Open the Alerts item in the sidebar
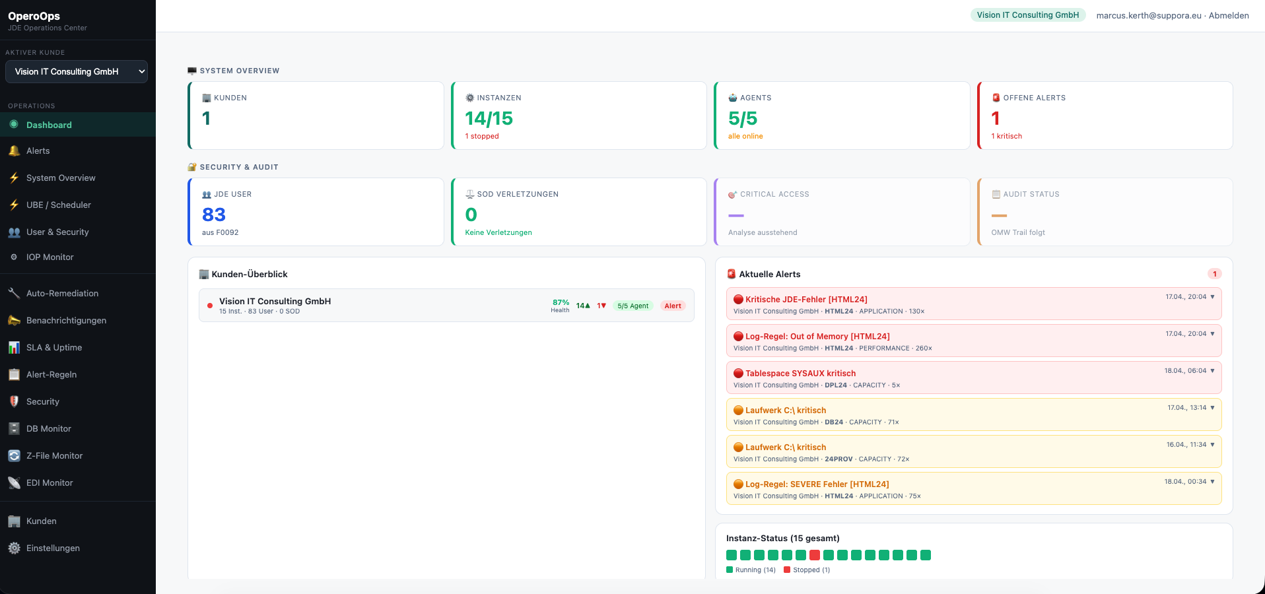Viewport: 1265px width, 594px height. [x=38, y=151]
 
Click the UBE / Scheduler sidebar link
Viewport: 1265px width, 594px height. [x=58, y=205]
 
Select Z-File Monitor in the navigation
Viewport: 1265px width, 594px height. [x=54, y=456]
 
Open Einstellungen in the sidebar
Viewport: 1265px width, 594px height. [x=53, y=548]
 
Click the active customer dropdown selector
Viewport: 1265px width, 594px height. [x=77, y=72]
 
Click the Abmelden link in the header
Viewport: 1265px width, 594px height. [x=1229, y=15]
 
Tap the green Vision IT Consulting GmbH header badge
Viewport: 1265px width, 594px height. [x=1027, y=15]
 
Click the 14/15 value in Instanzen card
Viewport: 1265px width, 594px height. [x=489, y=119]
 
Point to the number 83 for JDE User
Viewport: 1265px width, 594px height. [x=214, y=215]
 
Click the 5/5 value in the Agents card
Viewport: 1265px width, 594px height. [x=743, y=119]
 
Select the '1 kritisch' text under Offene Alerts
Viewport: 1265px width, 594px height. [x=1006, y=137]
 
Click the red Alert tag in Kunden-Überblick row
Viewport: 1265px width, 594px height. [x=673, y=306]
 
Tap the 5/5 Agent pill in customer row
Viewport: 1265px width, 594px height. [x=632, y=306]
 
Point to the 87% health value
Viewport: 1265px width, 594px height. [x=561, y=302]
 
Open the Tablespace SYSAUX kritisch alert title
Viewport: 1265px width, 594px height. [x=800, y=374]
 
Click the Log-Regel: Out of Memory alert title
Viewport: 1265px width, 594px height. [x=817, y=337]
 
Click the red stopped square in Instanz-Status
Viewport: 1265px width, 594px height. [x=815, y=555]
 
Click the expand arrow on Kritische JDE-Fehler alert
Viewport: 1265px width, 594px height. [x=1212, y=297]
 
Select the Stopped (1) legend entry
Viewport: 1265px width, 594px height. [x=807, y=570]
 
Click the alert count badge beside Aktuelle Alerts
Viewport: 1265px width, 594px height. [x=1214, y=274]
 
